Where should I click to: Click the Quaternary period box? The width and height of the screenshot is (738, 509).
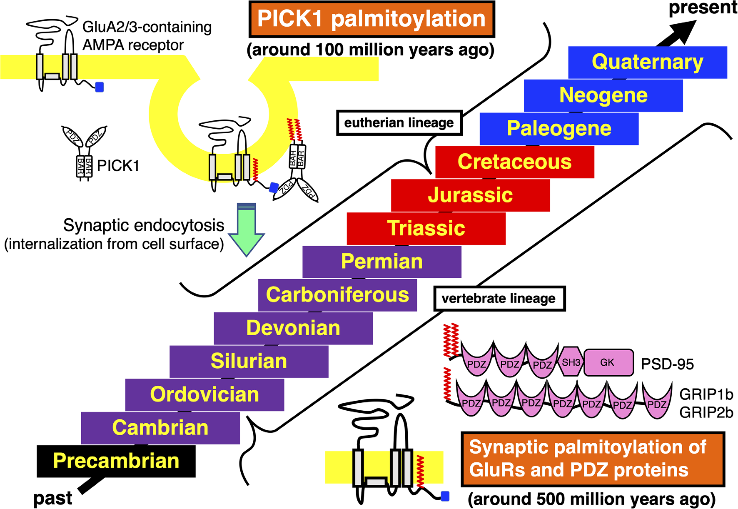pos(648,62)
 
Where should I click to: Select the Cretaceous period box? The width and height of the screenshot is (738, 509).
pos(515,162)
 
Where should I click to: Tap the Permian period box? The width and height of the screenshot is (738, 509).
pos(382,262)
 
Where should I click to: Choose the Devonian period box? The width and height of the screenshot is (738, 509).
pos(293,328)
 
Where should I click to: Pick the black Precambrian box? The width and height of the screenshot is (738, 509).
pos(116,461)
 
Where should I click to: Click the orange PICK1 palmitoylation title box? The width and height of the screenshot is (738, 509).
pos(371,19)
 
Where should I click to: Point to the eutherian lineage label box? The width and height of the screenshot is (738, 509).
pos(399,123)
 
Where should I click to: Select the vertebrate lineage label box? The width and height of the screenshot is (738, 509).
pos(499,299)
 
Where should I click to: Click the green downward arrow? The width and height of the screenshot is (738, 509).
pos(247,229)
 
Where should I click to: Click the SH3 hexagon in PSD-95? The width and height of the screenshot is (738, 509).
pos(571,362)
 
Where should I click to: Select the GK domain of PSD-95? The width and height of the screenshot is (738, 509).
pos(608,362)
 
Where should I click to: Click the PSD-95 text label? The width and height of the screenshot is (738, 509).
pos(667,364)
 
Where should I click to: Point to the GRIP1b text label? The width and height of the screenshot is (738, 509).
pos(706,394)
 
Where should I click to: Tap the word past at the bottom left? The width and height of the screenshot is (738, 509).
pos(52,498)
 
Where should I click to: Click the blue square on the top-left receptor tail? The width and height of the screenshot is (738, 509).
pos(100,87)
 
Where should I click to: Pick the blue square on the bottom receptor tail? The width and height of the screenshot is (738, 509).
pos(445,496)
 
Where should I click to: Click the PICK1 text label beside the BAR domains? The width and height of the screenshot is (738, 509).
pos(118,166)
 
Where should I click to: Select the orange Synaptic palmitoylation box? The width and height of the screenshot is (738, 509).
pos(593,459)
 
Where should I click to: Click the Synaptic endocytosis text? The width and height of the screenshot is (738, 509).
pos(143,225)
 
